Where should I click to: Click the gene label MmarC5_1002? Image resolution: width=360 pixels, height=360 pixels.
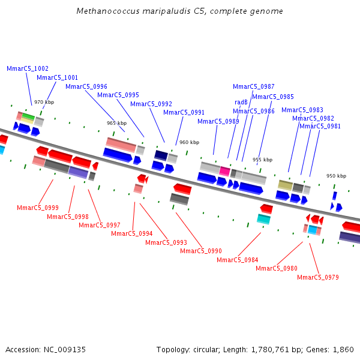tap(28, 69)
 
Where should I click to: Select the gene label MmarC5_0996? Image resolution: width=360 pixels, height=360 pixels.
tap(86, 87)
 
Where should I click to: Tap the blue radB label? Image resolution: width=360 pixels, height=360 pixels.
tap(241, 103)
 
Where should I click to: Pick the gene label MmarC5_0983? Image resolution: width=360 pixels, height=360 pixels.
tap(302, 110)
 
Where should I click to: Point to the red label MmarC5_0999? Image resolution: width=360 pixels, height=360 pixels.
tap(38, 208)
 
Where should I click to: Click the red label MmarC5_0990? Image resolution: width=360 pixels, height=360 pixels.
tap(201, 251)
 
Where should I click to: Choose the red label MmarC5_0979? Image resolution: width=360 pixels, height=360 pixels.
tap(318, 277)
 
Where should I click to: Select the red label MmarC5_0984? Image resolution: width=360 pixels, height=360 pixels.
tap(238, 260)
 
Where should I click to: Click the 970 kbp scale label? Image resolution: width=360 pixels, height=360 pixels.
tap(44, 103)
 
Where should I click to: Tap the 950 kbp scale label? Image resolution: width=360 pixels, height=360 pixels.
tap(336, 176)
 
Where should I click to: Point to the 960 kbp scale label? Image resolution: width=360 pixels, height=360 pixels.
tap(189, 143)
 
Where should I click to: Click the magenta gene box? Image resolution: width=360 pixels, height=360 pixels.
tap(225, 171)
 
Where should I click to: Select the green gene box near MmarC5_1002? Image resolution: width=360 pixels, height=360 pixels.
tap(28, 116)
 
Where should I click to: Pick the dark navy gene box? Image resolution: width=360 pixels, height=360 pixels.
tap(161, 155)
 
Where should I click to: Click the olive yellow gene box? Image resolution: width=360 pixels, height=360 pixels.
tap(285, 185)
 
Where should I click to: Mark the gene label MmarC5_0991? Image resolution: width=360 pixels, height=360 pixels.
tap(184, 112)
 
